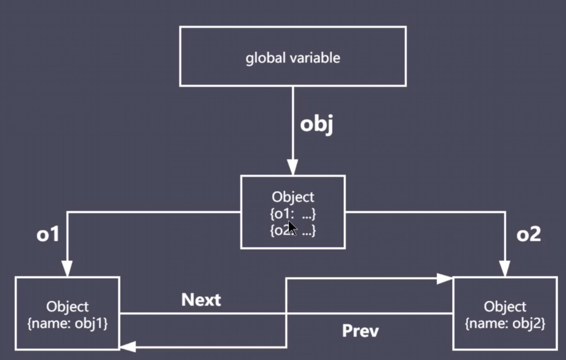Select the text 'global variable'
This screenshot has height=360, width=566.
(293, 58)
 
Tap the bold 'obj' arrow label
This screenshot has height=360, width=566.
(316, 125)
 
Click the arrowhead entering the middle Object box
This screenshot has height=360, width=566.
(293, 167)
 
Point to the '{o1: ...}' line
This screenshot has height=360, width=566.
(293, 214)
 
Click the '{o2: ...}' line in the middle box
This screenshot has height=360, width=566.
(293, 231)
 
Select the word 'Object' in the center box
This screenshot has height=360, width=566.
(293, 197)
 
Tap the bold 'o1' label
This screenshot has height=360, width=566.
(48, 235)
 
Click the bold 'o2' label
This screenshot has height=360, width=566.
(528, 235)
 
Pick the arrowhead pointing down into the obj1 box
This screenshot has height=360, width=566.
(67, 269)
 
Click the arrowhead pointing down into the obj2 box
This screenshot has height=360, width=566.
(505, 269)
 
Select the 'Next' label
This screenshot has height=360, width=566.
(201, 300)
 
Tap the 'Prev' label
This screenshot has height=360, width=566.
(360, 331)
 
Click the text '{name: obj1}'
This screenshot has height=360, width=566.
(68, 323)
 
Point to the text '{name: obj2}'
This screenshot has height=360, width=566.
(505, 323)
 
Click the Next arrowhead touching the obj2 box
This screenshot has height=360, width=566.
(444, 279)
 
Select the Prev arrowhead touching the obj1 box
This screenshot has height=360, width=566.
(128, 346)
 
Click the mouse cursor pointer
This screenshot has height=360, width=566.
(292, 229)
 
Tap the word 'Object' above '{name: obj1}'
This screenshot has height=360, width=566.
(67, 307)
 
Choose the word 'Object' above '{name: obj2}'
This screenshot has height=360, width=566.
(505, 307)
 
